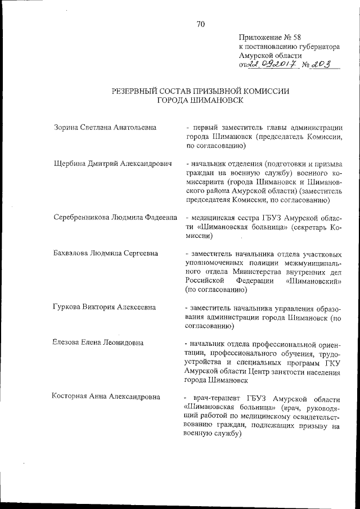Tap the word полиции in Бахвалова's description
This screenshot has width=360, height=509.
point(261,262)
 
